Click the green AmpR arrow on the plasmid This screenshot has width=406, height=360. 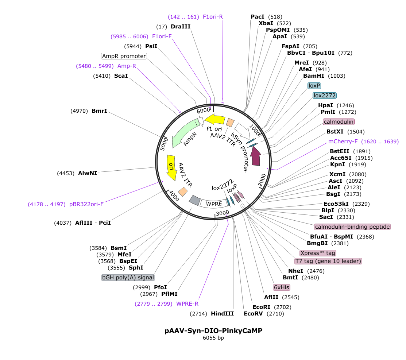(x=182, y=132)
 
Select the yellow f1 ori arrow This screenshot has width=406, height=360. (x=215, y=120)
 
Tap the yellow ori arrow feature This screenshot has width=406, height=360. (x=171, y=167)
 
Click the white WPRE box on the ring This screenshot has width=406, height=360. (x=214, y=203)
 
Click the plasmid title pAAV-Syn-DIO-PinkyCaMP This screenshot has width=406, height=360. (x=213, y=330)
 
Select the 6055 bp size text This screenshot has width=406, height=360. (x=213, y=338)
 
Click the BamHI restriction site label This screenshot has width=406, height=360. (x=314, y=76)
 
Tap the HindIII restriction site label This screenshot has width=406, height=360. (x=222, y=314)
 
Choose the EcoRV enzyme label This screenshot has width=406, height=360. (x=253, y=314)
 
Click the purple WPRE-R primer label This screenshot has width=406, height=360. (x=187, y=304)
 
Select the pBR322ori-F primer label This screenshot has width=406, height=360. (x=86, y=204)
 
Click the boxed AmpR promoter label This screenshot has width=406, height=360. (x=124, y=56)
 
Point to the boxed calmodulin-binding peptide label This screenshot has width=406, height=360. (x=352, y=227)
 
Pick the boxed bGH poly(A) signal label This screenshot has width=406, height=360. (x=128, y=278)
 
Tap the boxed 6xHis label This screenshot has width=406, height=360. (x=282, y=287)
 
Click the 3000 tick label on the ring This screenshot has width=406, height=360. (x=223, y=213)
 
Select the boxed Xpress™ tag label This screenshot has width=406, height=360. (x=318, y=253)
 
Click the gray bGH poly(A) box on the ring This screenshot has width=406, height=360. (x=195, y=200)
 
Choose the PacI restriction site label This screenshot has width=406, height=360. (x=258, y=16)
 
